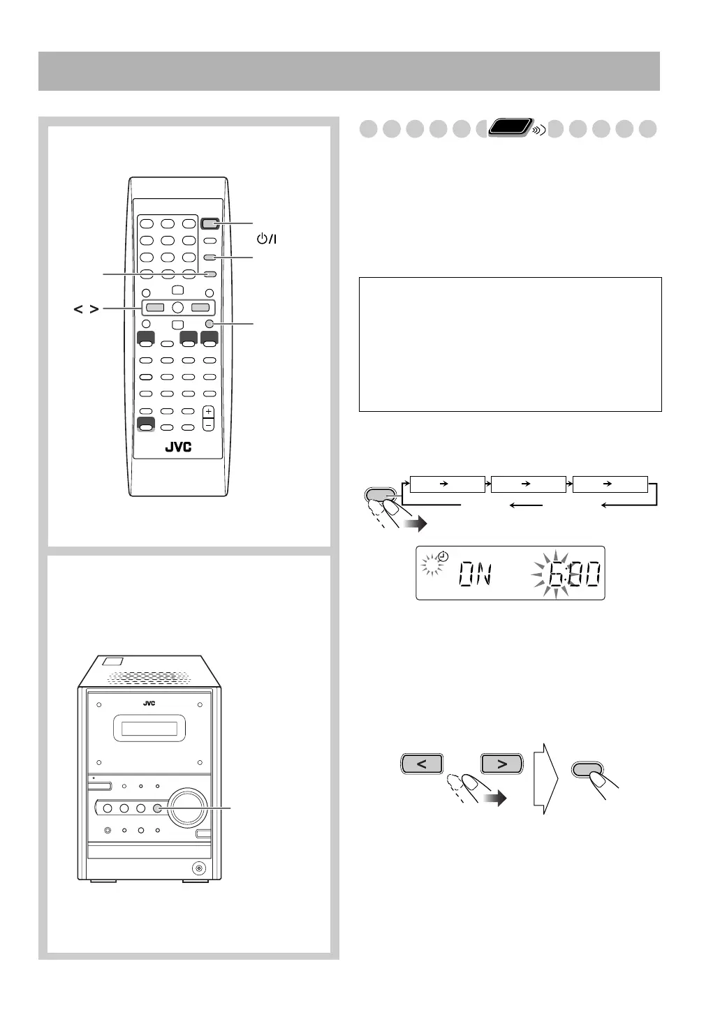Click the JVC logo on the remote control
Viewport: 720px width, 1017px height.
178,447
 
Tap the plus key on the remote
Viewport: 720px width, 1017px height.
208,412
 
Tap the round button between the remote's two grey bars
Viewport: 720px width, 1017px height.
177,307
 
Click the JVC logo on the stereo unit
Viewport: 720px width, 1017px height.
149,703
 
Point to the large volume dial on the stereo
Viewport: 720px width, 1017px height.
185,808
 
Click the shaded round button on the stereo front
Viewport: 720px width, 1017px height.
157,808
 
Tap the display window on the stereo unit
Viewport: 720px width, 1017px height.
149,729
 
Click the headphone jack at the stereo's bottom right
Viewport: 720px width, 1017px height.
200,868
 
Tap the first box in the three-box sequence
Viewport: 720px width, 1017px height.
447,484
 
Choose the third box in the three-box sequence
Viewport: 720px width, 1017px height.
610,484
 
